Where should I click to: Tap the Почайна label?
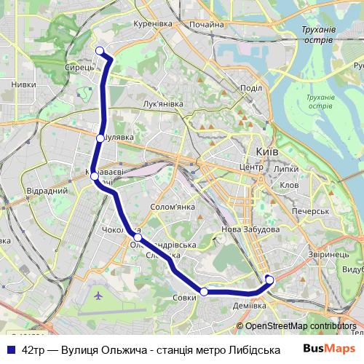point(207,24)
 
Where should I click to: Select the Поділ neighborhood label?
point(250,88)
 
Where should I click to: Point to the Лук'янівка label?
point(164,104)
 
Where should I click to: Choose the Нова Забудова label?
point(250,229)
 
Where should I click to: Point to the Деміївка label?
point(249,306)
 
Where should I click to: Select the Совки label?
point(185,297)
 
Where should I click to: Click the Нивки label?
point(23,84)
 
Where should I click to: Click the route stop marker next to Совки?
point(205,291)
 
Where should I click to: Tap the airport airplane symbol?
point(99,296)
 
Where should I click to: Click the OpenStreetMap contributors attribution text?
point(301,325)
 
